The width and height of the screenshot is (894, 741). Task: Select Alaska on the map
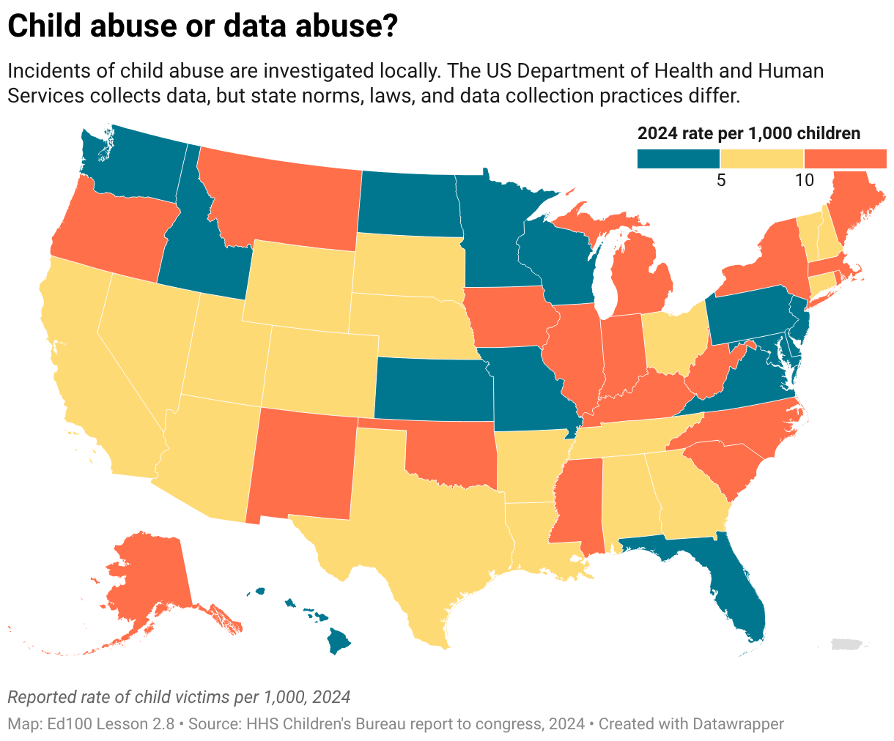150,578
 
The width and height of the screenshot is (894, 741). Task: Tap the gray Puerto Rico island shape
849,644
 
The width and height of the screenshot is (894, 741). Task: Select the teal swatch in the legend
679,159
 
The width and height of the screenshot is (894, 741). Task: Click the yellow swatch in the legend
761,159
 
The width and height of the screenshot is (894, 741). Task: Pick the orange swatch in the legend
845,159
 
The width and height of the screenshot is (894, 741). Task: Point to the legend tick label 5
721,181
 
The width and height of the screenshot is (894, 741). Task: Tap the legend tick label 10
805,181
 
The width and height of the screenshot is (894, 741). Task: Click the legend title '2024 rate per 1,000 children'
749,133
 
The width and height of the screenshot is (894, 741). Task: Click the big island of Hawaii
339,641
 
